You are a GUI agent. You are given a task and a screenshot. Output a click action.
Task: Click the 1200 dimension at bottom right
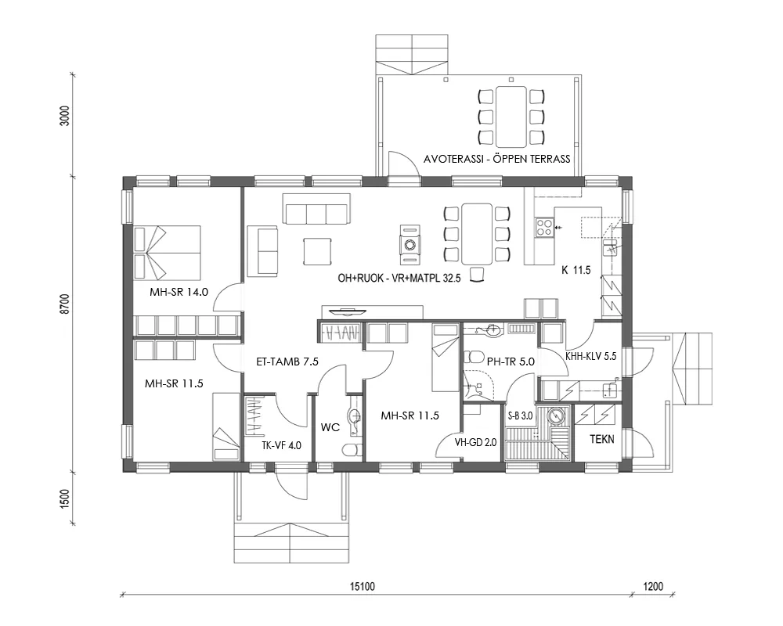[652, 586]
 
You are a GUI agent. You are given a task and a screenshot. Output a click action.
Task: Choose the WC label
[330, 428]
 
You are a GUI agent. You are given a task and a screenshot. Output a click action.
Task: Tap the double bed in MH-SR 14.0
[168, 252]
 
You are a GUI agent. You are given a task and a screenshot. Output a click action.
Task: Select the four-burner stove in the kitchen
[543, 228]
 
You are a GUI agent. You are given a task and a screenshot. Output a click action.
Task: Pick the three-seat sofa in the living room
[316, 214]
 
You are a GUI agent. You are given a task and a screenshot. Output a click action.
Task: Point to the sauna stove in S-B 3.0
[556, 416]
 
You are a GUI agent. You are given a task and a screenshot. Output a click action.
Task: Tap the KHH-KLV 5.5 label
[591, 354]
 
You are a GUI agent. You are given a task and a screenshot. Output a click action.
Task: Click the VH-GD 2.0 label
[475, 442]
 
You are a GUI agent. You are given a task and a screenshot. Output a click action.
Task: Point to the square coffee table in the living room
[318, 251]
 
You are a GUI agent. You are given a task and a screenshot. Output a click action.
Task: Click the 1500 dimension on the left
[65, 498]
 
